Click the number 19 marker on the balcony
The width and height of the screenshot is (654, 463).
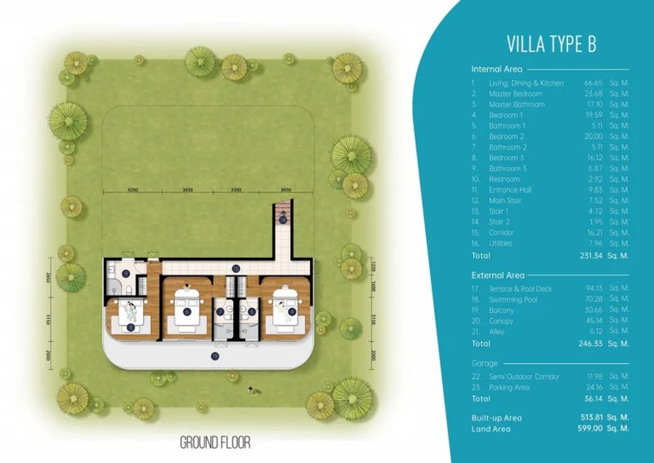[215, 357]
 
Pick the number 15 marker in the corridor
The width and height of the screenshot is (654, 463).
[235, 267]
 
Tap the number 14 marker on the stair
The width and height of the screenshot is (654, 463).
[283, 220]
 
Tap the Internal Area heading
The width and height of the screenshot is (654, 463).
[497, 70]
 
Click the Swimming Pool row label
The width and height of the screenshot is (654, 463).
[513, 300]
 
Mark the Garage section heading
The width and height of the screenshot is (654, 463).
[484, 362]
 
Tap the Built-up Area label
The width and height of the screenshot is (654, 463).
[497, 417]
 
